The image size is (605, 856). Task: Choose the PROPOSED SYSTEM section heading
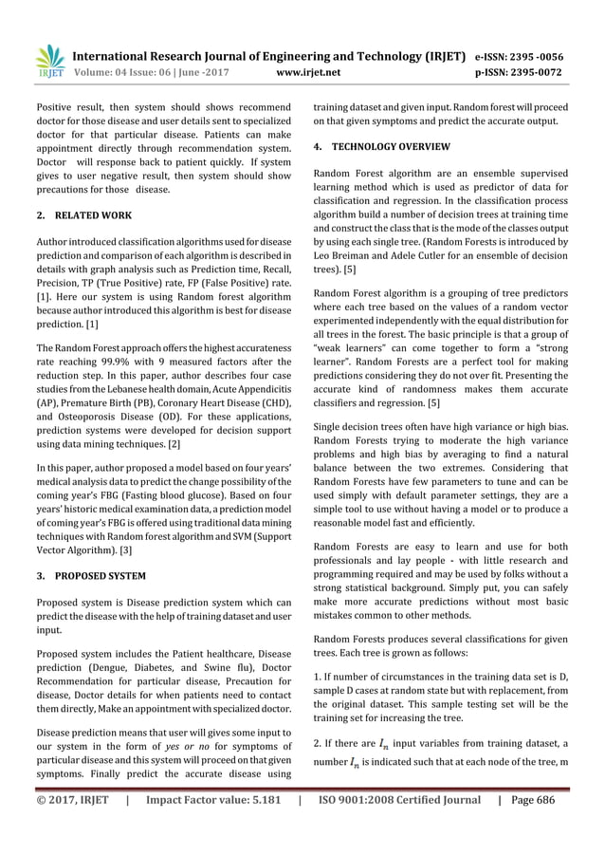(100, 576)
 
